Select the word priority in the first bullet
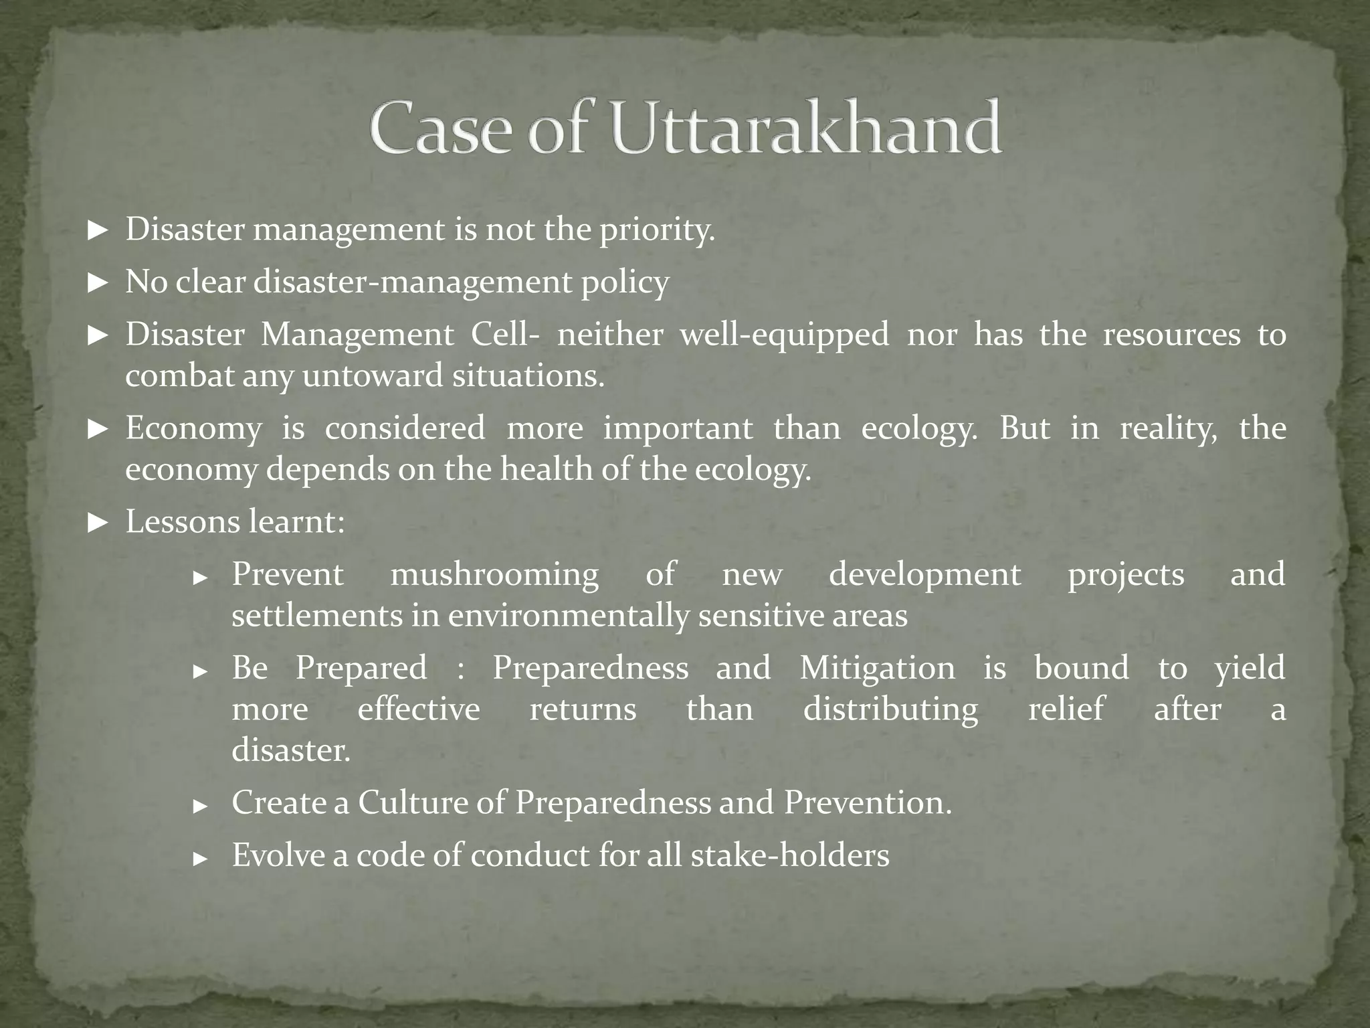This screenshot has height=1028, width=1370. [656, 230]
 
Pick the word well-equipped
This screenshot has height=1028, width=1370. [785, 334]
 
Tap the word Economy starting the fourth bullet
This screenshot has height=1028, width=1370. [193, 428]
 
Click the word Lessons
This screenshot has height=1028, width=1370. [182, 521]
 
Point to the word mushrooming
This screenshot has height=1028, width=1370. [494, 575]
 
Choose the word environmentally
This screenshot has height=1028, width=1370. [568, 616]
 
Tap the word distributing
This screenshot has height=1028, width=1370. [890, 709]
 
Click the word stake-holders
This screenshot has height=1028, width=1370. [789, 855]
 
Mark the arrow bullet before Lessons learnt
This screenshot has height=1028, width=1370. [98, 523]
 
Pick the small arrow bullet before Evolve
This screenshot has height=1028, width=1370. [201, 858]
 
